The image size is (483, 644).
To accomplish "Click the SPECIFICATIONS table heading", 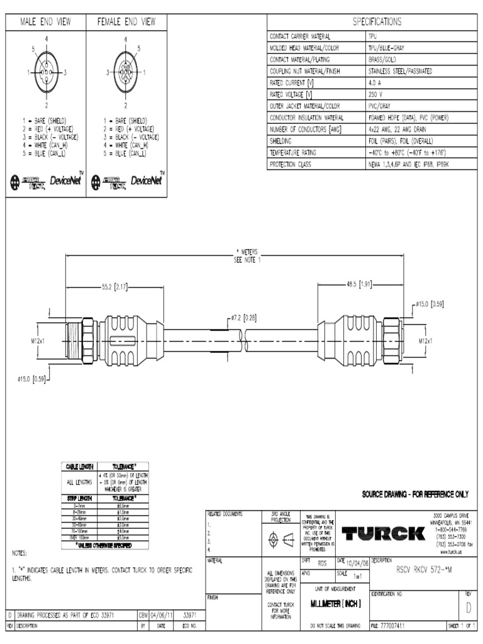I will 377,22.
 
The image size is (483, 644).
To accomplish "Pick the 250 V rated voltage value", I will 376,94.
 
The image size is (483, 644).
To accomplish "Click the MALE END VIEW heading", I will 46,22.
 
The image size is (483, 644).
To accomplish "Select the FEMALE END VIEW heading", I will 126,22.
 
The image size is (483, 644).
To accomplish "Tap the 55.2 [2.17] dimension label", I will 114,287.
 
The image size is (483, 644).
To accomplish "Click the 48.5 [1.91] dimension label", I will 359,284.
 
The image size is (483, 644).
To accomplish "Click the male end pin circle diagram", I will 47,72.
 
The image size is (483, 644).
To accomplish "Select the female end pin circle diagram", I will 126,72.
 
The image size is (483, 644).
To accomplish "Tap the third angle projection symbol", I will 280,539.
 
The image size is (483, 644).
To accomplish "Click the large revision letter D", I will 468,607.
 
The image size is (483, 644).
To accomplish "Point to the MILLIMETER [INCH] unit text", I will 336,604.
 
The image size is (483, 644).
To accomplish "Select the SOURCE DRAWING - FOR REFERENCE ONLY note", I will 415,494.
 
